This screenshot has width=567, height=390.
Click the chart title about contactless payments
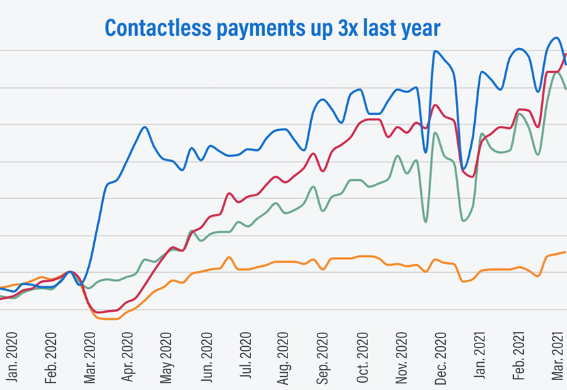tap(273, 27)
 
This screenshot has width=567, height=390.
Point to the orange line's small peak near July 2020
tap(228, 258)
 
